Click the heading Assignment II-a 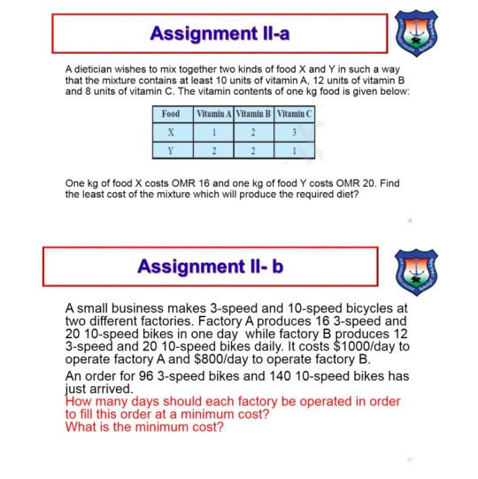[x=220, y=34]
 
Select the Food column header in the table [x=171, y=114]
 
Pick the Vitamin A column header [x=213, y=114]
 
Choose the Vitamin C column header [x=295, y=114]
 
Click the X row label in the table [x=171, y=131]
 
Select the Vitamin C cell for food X [x=295, y=131]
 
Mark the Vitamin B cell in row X [x=254, y=131]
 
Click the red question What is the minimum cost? [x=144, y=427]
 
